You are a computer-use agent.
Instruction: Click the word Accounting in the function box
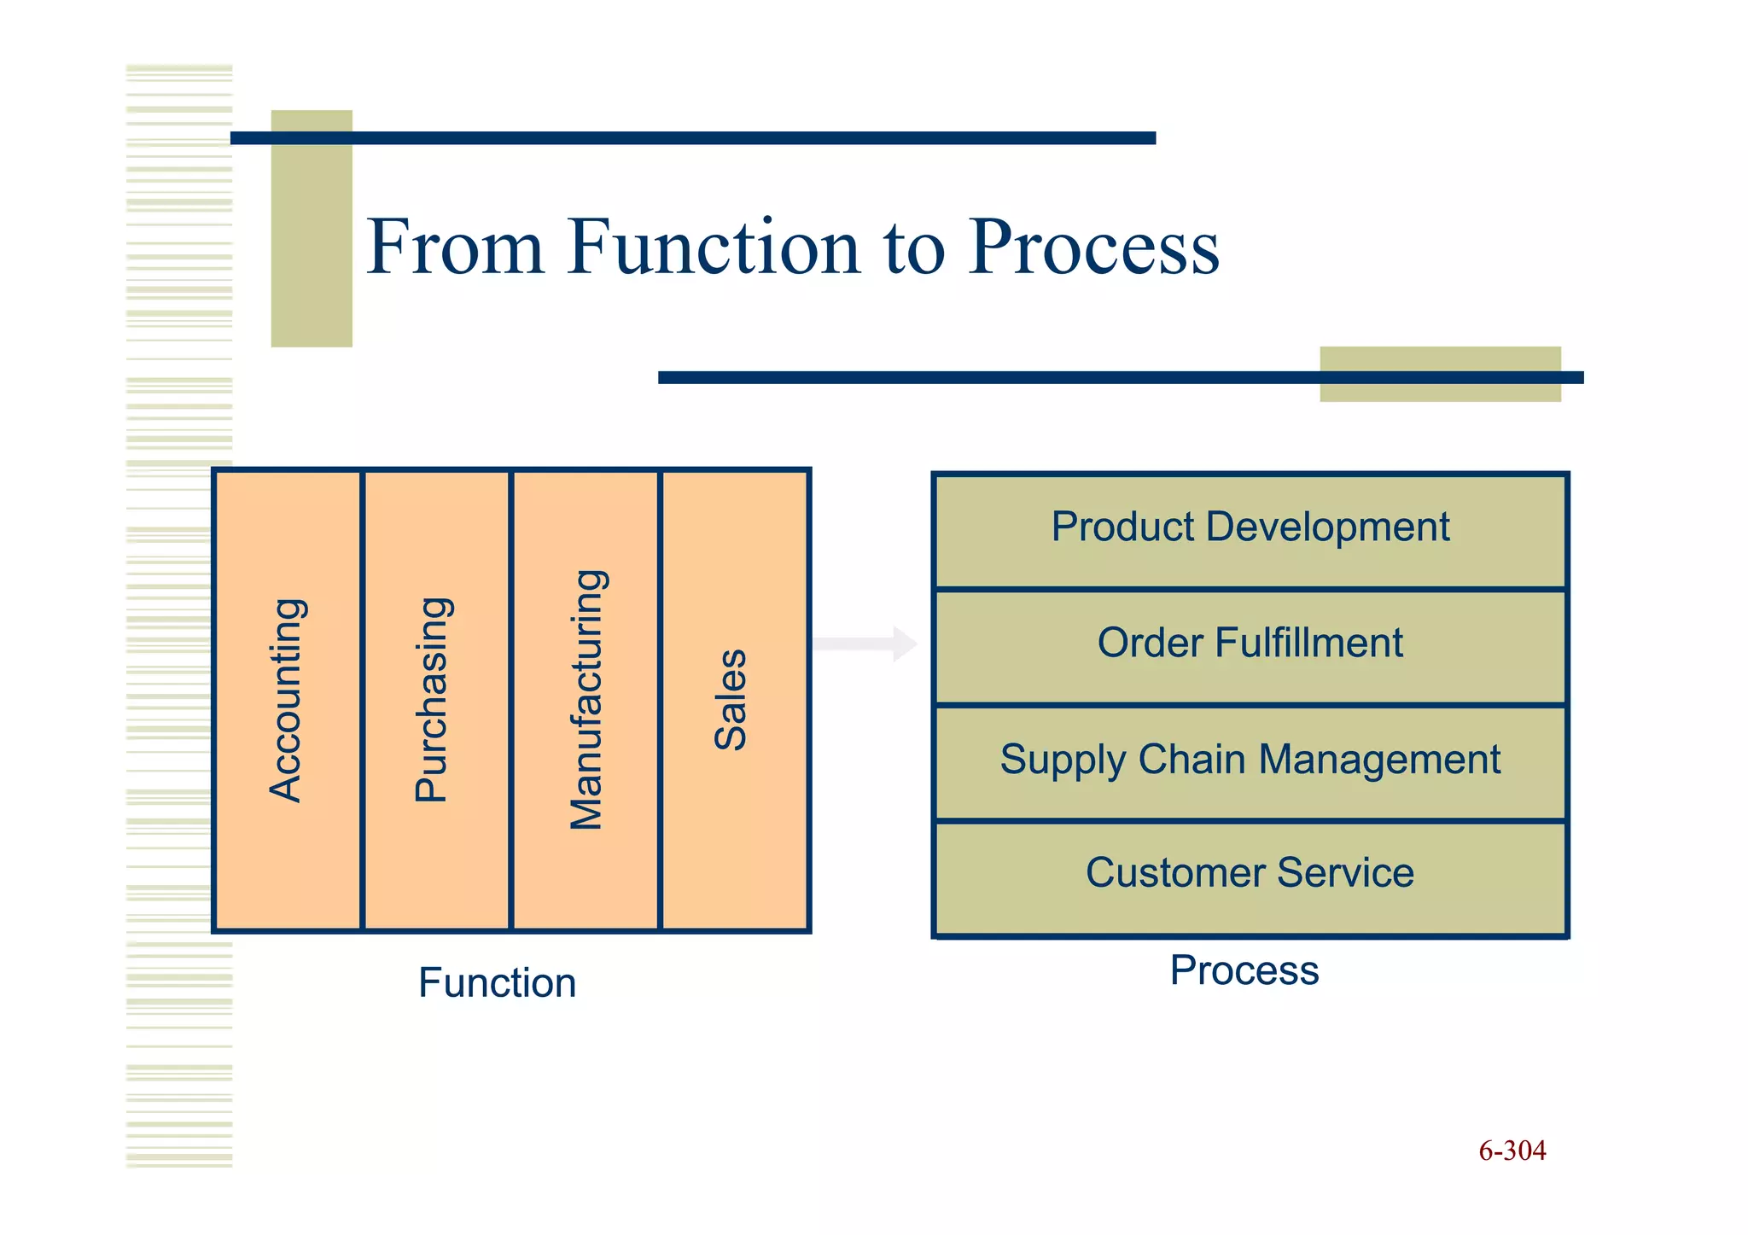click(287, 700)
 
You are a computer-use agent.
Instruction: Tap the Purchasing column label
click(433, 700)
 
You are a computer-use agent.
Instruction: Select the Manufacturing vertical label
click(587, 700)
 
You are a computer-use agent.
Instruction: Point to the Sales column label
click(731, 700)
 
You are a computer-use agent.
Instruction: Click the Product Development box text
click(1250, 527)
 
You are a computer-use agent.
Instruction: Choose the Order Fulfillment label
click(1250, 643)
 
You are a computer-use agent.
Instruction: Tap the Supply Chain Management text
click(1250, 759)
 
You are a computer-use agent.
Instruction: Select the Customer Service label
click(1250, 873)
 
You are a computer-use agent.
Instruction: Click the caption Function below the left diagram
click(497, 983)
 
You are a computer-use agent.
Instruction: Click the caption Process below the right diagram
click(1244, 970)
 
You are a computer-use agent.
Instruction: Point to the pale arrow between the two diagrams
click(864, 644)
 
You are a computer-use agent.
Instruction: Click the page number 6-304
click(1512, 1151)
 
